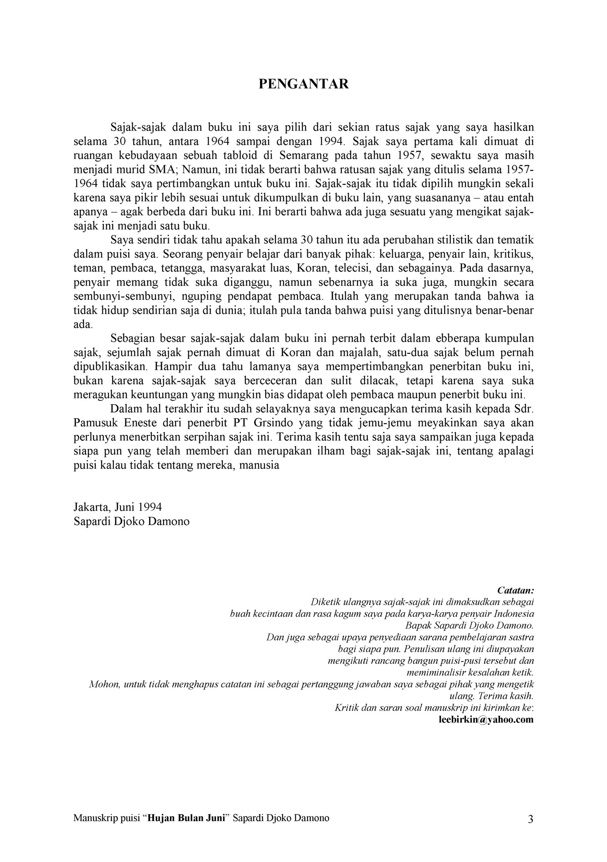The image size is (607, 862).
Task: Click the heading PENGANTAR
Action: pyautogui.click(x=303, y=84)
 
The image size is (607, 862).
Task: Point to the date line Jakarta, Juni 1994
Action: pyautogui.click(x=118, y=507)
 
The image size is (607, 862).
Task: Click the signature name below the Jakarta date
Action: pyautogui.click(x=131, y=521)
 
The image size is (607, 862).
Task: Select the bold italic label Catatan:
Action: pyautogui.click(x=515, y=590)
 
